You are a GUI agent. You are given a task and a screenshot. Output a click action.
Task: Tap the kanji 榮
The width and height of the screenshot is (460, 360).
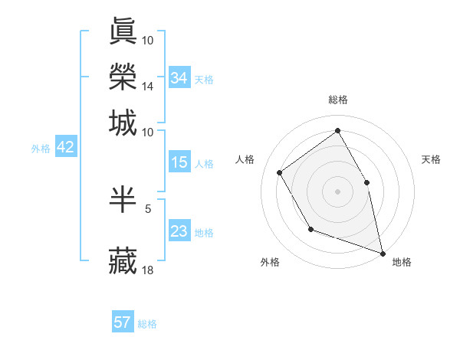pyautogui.click(x=123, y=77)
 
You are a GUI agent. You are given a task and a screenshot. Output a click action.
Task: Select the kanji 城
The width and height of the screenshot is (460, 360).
pyautogui.click(x=123, y=123)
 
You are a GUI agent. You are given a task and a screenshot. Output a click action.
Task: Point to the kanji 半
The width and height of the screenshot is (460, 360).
pyautogui.click(x=123, y=199)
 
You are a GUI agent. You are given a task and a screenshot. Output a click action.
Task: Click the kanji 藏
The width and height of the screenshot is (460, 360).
pyautogui.click(x=123, y=261)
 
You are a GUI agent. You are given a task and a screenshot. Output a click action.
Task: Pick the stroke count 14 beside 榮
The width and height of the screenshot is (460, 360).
pyautogui.click(x=148, y=87)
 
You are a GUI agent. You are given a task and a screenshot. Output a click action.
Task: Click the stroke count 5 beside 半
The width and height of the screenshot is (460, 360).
pyautogui.click(x=148, y=207)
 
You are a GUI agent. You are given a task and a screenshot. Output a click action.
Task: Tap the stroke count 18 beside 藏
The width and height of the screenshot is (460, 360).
pyautogui.click(x=148, y=270)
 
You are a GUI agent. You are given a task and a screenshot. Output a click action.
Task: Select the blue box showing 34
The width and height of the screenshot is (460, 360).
pyautogui.click(x=179, y=77)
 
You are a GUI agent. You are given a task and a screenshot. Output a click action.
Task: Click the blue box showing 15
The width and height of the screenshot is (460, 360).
pyautogui.click(x=179, y=162)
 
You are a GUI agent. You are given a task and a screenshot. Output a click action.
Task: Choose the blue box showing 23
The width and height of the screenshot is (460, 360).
pyautogui.click(x=179, y=231)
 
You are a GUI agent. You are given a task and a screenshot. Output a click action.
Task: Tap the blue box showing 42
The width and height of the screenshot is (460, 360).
pyautogui.click(x=65, y=148)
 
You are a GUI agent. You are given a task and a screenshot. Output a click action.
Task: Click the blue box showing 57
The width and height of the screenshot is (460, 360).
pyautogui.click(x=123, y=322)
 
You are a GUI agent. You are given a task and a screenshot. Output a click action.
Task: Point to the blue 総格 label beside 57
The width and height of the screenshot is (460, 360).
pyautogui.click(x=147, y=324)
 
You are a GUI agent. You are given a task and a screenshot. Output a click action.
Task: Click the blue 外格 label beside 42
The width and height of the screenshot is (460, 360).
pyautogui.click(x=41, y=149)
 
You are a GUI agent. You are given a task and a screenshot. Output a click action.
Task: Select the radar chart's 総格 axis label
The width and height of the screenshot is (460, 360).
pyautogui.click(x=338, y=100)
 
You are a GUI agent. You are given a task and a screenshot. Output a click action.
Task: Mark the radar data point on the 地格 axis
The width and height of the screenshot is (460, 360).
pyautogui.click(x=382, y=252)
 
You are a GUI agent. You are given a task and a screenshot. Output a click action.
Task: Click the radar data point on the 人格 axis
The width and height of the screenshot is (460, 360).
pyautogui.click(x=280, y=172)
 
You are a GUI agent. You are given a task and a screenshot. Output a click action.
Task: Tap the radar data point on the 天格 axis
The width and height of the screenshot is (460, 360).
pyautogui.click(x=366, y=182)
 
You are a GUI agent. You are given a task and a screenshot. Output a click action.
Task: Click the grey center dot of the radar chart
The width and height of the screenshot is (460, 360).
pyautogui.click(x=337, y=191)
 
